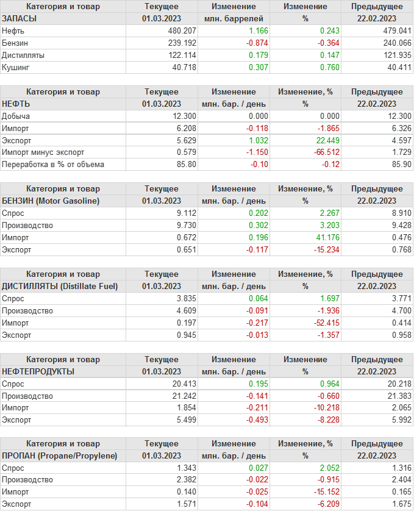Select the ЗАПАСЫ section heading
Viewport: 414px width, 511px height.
click(20, 19)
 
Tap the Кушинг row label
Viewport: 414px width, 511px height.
click(16, 68)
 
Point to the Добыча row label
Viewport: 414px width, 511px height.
click(16, 116)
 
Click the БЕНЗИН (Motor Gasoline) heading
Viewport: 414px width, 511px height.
click(51, 201)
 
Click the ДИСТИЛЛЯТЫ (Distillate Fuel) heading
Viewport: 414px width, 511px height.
click(60, 287)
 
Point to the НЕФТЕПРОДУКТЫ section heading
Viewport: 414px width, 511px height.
click(38, 372)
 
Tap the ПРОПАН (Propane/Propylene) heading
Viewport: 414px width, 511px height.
click(60, 457)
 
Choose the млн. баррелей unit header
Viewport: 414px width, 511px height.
click(234, 19)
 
